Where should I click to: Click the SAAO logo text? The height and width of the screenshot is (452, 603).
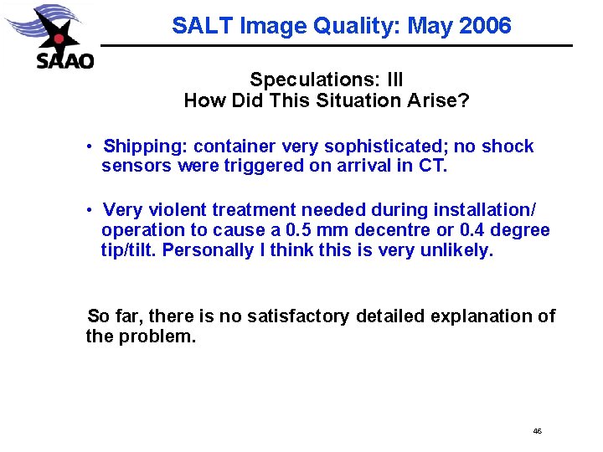[65, 60]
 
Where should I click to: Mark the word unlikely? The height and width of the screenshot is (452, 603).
[460, 250]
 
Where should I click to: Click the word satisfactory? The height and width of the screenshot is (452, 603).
[299, 316]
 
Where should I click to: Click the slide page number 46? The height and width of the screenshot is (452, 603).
[537, 431]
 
